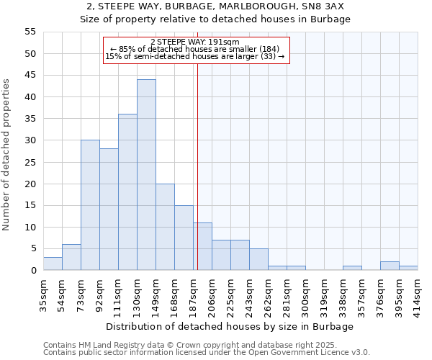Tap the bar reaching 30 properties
click(90, 205)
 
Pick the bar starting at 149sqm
click(165, 227)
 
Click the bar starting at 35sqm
click(53, 264)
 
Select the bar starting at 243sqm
click(258, 259)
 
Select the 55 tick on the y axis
click(30, 32)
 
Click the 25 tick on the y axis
click(30, 162)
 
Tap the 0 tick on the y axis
click(33, 270)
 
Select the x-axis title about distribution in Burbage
click(235, 327)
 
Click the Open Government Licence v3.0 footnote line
click(207, 353)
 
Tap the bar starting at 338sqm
click(352, 268)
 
